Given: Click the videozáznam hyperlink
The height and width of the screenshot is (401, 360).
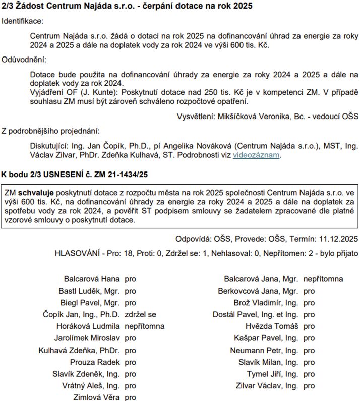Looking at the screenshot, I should coord(256,155).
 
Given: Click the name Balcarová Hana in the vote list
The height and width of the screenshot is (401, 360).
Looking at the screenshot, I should coord(92,279).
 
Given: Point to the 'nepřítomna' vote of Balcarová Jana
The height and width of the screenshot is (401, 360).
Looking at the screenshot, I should coord(323,279).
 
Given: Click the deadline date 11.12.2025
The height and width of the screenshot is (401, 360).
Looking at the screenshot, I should coord(337,239).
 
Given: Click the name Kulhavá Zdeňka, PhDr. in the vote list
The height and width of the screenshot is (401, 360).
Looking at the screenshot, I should coord(79,350).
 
